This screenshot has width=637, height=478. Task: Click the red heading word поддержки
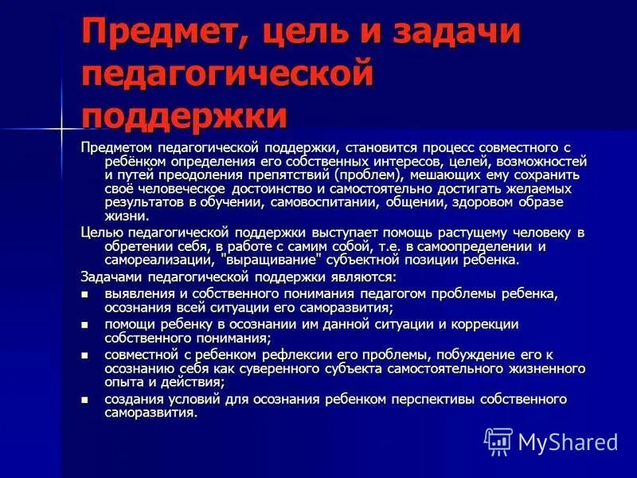click(184, 116)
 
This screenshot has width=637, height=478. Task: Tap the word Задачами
click(111, 277)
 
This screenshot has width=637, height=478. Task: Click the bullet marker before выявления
click(85, 294)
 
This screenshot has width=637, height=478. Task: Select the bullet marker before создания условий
click(85, 398)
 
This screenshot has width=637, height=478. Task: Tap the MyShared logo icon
click(498, 440)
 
